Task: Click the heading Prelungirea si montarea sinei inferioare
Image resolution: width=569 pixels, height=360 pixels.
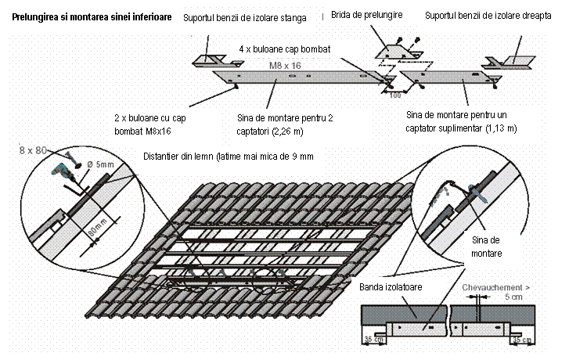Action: pos(92,17)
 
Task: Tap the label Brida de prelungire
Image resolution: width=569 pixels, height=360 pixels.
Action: pos(366,15)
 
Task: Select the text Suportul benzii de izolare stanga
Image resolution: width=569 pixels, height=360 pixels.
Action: pos(244,18)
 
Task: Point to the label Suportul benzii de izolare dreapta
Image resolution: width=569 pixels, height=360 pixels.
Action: pos(488,16)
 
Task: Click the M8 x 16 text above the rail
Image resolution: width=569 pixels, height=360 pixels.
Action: pos(285,65)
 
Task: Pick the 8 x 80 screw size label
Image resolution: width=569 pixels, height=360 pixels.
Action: pos(33,150)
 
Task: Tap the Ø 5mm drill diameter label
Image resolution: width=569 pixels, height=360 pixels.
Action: pos(100,164)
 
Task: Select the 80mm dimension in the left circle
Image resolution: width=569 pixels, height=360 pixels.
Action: pos(97,228)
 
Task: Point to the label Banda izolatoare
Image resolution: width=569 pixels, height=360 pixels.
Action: pos(391,287)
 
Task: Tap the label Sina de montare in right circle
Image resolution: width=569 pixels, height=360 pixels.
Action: pos(486,247)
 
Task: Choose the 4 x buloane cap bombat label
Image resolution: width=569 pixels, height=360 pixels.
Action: pos(285,49)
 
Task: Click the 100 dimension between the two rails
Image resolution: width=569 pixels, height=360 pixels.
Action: pos(395,95)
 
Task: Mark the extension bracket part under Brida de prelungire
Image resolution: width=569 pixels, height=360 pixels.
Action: pos(399,52)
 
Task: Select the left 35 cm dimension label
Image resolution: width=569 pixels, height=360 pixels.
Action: pos(374,340)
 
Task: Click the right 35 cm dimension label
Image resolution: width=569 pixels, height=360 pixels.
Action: pos(522,340)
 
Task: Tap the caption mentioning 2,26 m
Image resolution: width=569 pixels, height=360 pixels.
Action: pos(285,124)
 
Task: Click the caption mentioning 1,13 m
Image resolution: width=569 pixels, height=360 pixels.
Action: pos(461,121)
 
